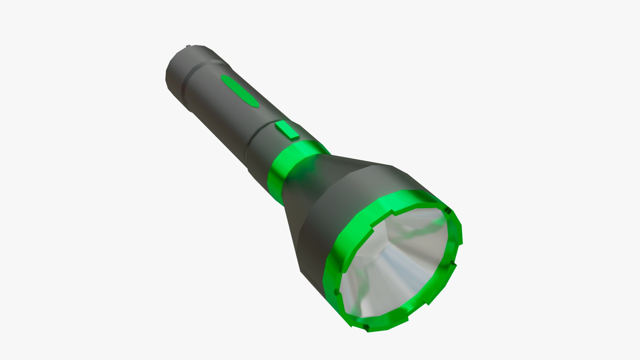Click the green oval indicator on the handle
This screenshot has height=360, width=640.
coord(240,91)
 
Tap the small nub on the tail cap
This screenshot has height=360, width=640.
coord(189,46)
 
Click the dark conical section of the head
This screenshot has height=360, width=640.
coord(320,187)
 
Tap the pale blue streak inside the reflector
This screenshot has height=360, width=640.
coord(400,263)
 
